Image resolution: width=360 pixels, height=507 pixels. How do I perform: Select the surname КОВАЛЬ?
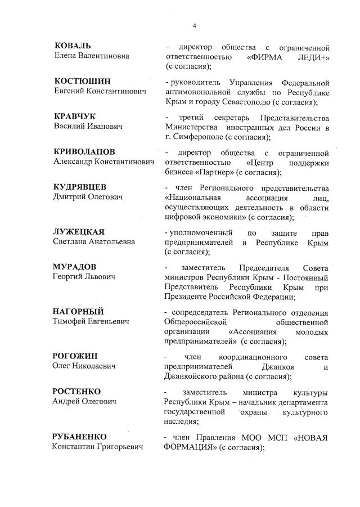pos(73,46)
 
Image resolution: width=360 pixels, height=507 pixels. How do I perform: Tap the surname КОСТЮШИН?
pos(82,81)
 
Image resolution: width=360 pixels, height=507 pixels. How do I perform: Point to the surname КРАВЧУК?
pos(75,116)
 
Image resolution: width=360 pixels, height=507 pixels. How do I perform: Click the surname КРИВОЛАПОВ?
pos(84,152)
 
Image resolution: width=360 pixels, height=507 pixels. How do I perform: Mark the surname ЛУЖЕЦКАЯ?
pos(79,232)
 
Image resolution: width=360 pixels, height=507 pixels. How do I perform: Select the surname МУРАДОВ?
pos(76,267)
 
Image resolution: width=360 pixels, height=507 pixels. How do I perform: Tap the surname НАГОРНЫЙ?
pos(79,312)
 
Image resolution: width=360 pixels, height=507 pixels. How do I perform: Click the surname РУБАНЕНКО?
pos(80,437)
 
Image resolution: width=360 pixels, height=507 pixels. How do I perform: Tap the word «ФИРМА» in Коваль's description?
pos(267,56)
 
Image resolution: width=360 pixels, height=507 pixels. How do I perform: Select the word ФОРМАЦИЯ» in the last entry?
pos(191,447)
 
